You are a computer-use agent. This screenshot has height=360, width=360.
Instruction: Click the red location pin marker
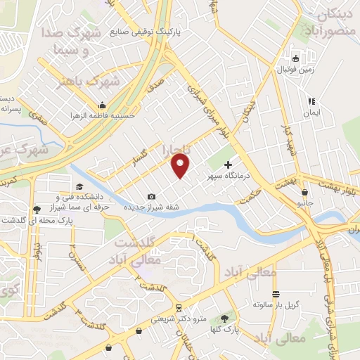(181, 166)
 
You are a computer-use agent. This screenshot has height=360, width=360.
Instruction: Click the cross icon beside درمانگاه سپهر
(228, 164)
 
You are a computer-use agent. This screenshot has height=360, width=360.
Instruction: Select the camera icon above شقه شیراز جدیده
(152, 196)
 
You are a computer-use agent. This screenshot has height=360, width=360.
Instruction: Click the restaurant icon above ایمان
(311, 102)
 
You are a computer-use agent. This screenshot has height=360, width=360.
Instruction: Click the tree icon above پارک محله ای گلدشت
(36, 209)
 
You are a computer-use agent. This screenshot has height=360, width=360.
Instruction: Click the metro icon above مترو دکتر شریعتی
(179, 307)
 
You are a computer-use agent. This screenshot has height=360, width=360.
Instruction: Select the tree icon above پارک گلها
(225, 319)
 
